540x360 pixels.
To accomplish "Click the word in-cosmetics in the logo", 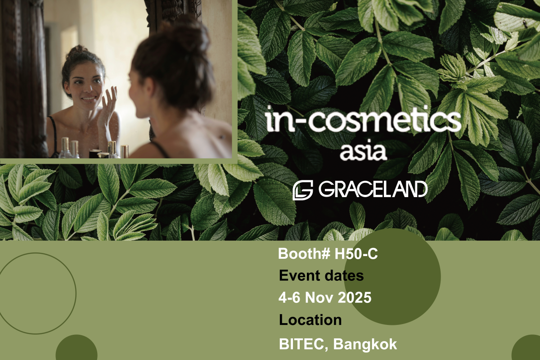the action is [x=364, y=119].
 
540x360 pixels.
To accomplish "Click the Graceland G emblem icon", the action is [x=303, y=190].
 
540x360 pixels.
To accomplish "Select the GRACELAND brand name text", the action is [x=373, y=189].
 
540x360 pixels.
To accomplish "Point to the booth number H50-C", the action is [x=356, y=254].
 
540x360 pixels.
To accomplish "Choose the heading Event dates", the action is [x=321, y=275].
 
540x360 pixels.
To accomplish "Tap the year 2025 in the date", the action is [x=355, y=297].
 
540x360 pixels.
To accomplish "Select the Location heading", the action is [x=310, y=320].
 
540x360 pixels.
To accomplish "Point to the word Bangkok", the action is [x=365, y=344].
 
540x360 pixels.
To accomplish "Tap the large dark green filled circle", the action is [x=392, y=277].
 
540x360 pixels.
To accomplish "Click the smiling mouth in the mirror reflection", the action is [x=88, y=99].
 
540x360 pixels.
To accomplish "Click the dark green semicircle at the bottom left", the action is [x=76, y=347].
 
